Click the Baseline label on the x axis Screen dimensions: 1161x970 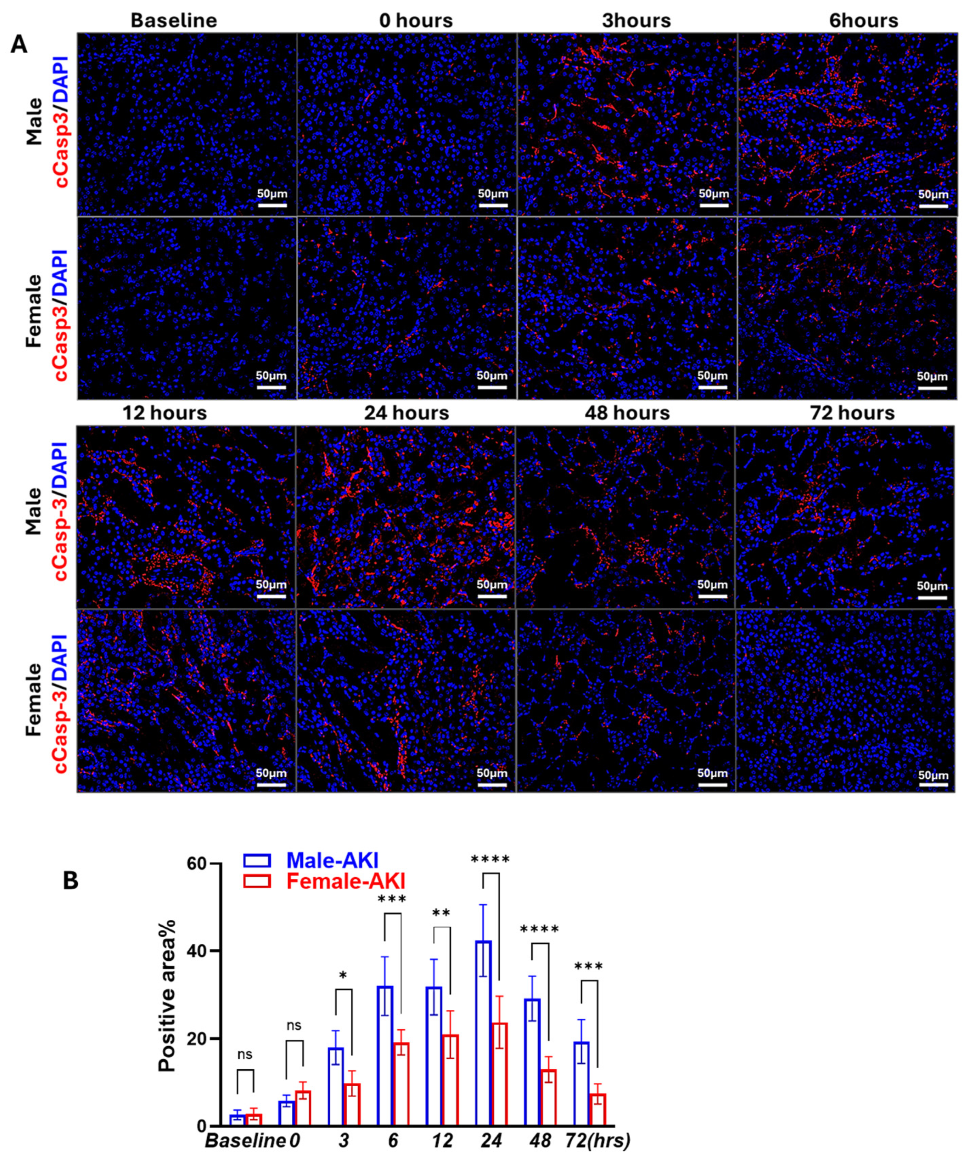(245, 1141)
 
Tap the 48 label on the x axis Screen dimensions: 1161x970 (540, 1141)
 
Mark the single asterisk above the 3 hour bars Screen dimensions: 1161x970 (343, 977)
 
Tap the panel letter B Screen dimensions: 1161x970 (70, 881)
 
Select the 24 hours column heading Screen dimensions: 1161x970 (406, 413)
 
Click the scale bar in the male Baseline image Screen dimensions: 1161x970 (271, 205)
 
